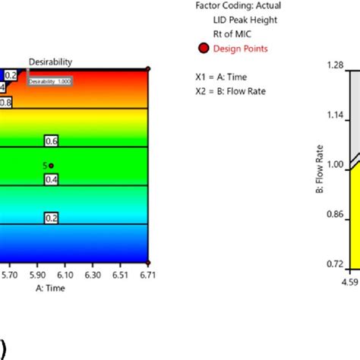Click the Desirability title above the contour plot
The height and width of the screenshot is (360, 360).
[50, 61]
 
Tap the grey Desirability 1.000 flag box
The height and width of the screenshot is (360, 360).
[50, 80]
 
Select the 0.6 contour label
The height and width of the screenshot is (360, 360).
[52, 141]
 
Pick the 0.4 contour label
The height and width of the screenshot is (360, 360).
[52, 179]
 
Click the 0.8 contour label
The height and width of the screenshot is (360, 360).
[5, 101]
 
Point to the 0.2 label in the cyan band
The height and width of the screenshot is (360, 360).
[52, 217]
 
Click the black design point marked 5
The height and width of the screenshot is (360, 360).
[52, 165]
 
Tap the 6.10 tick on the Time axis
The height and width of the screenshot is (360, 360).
[65, 278]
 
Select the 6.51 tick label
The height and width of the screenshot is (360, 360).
[120, 278]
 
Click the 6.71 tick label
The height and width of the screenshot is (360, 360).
[147, 278]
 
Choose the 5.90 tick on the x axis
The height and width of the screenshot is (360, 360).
[36, 278]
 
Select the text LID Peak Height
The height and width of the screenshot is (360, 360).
[245, 19]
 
